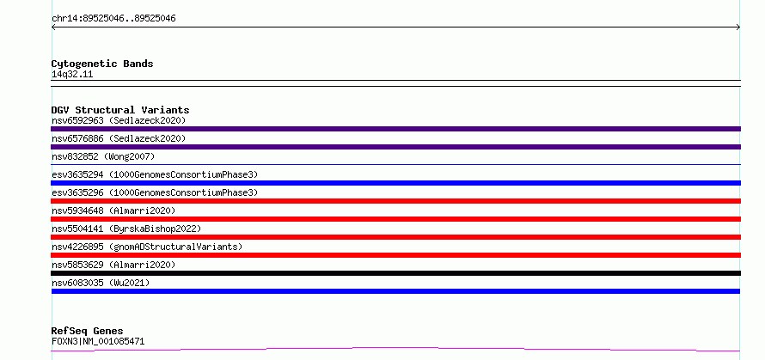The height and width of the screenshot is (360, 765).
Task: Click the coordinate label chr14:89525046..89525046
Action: click(113, 19)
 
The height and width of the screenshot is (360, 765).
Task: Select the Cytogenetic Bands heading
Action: click(102, 64)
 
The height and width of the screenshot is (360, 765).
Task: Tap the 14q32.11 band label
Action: click(72, 75)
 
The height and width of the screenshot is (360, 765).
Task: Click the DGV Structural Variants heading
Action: click(120, 110)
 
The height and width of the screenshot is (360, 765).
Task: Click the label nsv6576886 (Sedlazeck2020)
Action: click(119, 138)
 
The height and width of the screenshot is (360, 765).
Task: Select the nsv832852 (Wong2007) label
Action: click(103, 156)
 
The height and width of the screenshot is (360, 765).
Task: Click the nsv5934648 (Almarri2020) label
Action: click(113, 211)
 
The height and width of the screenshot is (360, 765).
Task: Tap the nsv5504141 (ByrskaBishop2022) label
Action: click(126, 229)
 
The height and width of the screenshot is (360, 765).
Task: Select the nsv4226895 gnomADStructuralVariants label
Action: click(147, 247)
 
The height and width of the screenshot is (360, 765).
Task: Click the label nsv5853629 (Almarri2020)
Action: click(113, 265)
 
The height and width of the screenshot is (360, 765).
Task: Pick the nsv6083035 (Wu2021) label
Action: click(101, 283)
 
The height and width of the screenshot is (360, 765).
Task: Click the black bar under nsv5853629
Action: click(395, 273)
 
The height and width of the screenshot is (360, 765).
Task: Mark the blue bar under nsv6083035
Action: click(395, 291)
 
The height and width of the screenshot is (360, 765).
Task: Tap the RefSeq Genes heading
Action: click(88, 332)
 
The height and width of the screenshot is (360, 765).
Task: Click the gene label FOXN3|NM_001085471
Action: click(98, 341)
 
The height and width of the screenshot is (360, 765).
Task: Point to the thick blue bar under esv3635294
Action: click(395, 183)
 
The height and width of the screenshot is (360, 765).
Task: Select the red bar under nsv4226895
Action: click(395, 255)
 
